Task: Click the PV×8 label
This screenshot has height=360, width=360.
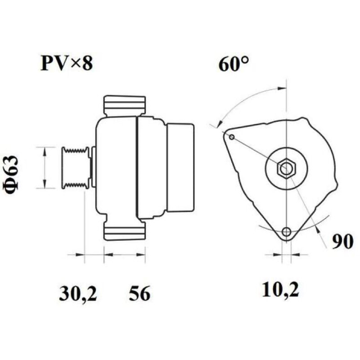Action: [67, 63]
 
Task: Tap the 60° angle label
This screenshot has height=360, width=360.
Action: [234, 64]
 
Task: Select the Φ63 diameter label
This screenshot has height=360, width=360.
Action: [11, 175]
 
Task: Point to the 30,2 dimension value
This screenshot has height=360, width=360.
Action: [78, 293]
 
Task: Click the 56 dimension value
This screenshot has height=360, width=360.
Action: [139, 293]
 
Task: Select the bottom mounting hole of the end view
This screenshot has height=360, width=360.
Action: [286, 232]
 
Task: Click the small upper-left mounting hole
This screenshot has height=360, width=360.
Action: [232, 137]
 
